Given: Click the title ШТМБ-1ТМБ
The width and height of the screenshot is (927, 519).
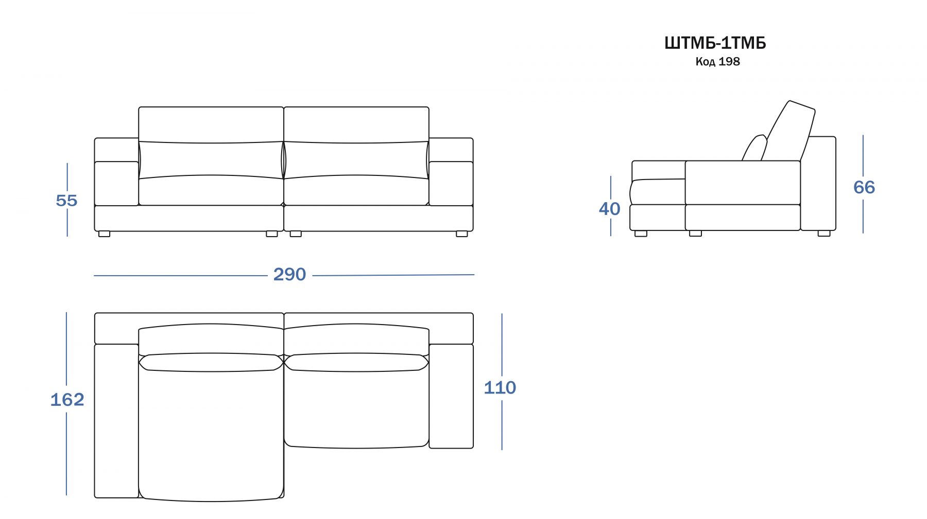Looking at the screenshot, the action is coord(715,43).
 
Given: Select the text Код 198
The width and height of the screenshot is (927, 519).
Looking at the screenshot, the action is coord(717,62).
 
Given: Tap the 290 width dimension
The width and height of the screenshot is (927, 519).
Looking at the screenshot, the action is coord(289,275).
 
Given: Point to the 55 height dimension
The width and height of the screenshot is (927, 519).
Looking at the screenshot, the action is coord(66,201).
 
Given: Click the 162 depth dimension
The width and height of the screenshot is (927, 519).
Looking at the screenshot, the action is coord(67,400).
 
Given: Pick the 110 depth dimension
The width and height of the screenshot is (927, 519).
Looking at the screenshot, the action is coord(500,388).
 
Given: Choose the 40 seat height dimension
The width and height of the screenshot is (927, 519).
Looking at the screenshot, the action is coord(610,209).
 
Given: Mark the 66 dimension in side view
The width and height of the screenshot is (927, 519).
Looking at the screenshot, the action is coord(864,187).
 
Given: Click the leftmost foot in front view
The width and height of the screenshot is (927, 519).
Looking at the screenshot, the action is coord(104,234).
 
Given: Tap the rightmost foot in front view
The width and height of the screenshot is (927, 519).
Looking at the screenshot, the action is coord(462,234).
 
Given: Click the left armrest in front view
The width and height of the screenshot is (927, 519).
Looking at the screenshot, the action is coord(116,184).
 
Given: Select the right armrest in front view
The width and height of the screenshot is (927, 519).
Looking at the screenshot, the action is coord(451,184).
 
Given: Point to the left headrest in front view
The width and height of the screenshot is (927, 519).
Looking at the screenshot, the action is coord(211,124).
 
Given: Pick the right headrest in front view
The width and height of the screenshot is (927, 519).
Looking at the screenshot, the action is coord(356,124).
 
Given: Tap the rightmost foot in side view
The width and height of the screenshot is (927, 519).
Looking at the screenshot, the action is coord(824,234).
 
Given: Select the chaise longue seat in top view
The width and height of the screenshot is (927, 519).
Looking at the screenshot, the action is coord(211,432).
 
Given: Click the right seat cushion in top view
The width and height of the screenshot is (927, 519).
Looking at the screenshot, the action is coord(356,406).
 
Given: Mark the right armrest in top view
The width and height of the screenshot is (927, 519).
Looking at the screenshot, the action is coord(451,396).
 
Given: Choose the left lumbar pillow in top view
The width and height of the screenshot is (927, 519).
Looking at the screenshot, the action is coord(211,362).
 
